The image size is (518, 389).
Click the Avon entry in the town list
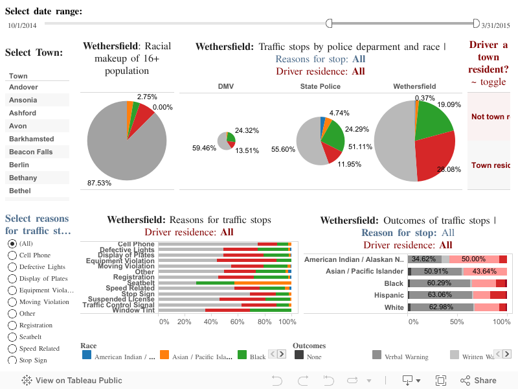(17, 126)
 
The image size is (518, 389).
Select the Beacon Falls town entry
(30, 152)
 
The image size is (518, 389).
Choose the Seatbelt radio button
(12, 337)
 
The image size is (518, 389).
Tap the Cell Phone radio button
(12, 255)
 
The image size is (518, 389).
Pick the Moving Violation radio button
(12, 302)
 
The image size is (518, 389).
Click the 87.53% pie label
(99, 183)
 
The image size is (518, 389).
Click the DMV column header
(226, 86)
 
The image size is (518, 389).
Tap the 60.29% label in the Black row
(438, 283)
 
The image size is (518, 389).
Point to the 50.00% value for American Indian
(473, 259)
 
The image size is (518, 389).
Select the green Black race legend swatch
(242, 355)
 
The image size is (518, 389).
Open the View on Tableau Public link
(63, 381)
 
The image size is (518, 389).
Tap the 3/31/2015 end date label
(497, 25)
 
